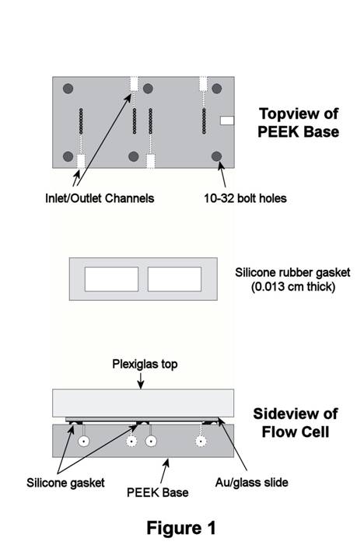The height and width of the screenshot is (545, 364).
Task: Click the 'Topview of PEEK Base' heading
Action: [x=299, y=123]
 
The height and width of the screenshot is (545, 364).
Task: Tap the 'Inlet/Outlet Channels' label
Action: [x=100, y=198]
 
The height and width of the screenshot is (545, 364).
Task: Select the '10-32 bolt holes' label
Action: [x=245, y=198]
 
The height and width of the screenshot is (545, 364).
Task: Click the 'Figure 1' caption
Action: [x=181, y=528]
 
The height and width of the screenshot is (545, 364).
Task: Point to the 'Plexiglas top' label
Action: [x=145, y=364]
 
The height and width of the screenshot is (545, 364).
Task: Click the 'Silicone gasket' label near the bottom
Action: [x=65, y=483]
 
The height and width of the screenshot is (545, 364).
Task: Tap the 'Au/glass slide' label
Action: [x=251, y=483]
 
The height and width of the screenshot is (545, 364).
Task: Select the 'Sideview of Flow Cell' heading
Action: [x=295, y=423]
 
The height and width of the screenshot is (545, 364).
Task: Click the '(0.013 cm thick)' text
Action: [x=293, y=287]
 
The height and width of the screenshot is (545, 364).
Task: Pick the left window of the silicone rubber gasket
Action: [x=111, y=279]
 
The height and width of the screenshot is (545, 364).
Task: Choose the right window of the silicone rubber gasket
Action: [x=174, y=279]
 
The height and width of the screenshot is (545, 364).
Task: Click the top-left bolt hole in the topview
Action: [x=68, y=89]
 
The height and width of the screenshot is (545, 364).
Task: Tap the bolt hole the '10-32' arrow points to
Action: [x=216, y=156]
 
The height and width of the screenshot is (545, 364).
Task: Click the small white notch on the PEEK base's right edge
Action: [x=227, y=121]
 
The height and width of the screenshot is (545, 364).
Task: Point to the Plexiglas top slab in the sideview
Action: [x=143, y=404]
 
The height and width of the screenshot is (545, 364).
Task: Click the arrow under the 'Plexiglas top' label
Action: [x=141, y=381]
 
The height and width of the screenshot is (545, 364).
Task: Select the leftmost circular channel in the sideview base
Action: [x=83, y=442]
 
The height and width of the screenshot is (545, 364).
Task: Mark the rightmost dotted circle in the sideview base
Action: [x=201, y=442]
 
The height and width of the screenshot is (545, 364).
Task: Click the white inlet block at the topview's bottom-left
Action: [x=81, y=161]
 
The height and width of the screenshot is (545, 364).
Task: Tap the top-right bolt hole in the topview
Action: [x=216, y=89]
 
